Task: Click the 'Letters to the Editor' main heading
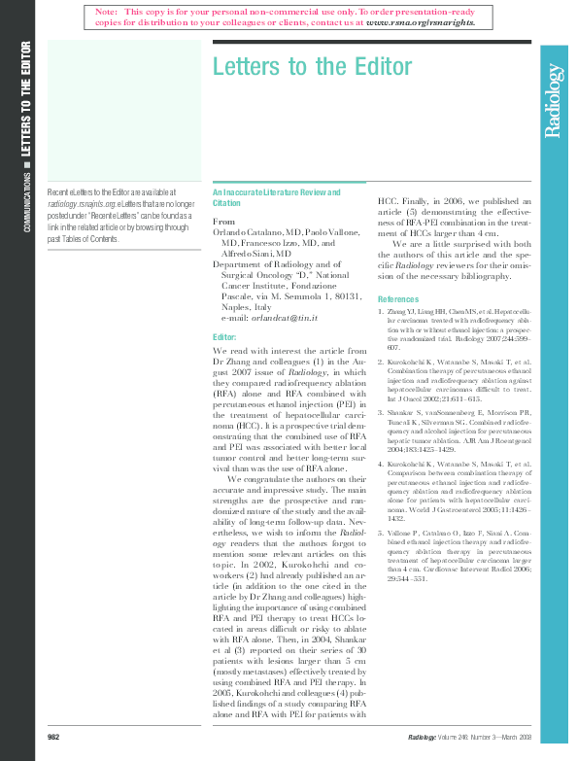pos(311,67)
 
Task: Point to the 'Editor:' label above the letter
pos(224,337)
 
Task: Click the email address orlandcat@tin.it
pos(284,318)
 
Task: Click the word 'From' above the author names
pos(223,223)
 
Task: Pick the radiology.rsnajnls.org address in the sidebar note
pos(82,205)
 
